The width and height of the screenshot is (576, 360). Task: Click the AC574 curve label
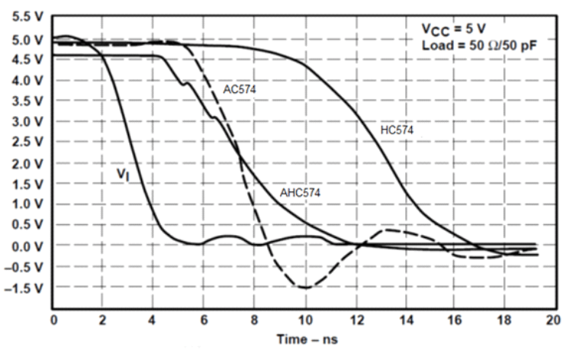pyautogui.click(x=239, y=89)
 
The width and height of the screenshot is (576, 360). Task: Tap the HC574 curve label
pyautogui.click(x=397, y=130)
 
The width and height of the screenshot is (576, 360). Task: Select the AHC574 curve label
pyautogui.click(x=299, y=193)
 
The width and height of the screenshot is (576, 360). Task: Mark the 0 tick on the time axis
pyautogui.click(x=54, y=320)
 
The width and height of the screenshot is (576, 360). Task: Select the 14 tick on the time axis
pyautogui.click(x=404, y=320)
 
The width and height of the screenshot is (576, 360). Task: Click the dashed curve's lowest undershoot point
pyautogui.click(x=305, y=288)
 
